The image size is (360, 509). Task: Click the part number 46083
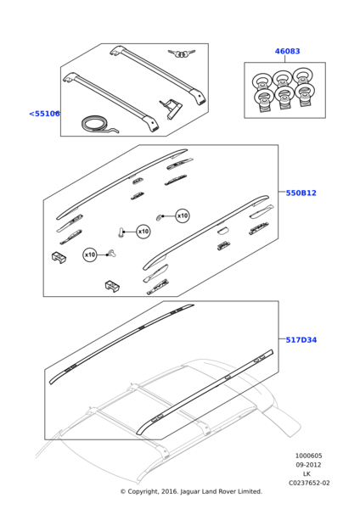click(287, 51)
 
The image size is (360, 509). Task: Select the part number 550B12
click(301, 193)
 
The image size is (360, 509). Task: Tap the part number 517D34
click(301, 340)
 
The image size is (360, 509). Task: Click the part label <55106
click(44, 114)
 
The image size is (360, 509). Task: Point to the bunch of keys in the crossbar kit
click(182, 53)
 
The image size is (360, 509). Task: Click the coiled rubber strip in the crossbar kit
click(98, 126)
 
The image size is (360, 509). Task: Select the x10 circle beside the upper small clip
click(183, 215)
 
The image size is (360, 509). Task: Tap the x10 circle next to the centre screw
click(143, 232)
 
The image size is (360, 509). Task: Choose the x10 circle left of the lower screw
click(90, 255)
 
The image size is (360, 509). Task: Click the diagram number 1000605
click(309, 456)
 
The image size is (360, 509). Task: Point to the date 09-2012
click(308, 465)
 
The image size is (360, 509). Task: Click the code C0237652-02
click(309, 483)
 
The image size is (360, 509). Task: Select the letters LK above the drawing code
click(307, 474)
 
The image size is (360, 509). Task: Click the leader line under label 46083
click(285, 59)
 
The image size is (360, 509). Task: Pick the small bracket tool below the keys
click(171, 109)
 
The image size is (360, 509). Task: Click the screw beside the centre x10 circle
click(121, 232)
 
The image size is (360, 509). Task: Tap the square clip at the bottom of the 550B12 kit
click(112, 287)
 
